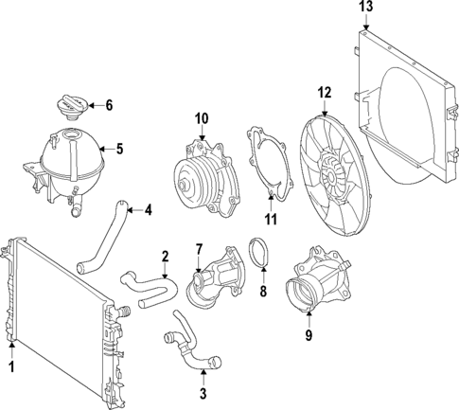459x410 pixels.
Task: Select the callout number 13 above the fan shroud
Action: (366, 9)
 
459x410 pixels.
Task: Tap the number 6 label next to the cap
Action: (109, 105)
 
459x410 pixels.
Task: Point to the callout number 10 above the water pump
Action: (201, 118)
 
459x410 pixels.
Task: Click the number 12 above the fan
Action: (324, 92)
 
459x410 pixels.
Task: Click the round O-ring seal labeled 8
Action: (258, 257)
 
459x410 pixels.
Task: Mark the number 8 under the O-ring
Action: (264, 291)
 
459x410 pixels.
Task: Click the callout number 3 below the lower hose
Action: (203, 393)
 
